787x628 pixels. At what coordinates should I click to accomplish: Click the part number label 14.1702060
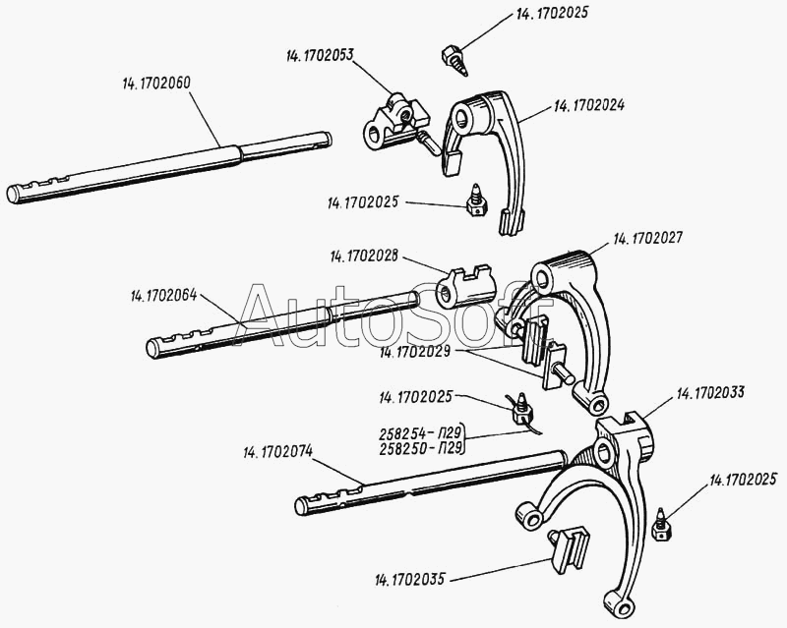pyautogui.click(x=156, y=84)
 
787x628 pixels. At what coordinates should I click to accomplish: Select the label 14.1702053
pyautogui.click(x=321, y=55)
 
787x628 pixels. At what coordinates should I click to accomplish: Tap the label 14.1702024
pyautogui.click(x=589, y=106)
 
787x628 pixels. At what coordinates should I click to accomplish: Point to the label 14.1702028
pyautogui.click(x=364, y=257)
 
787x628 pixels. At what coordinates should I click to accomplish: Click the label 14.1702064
pyautogui.click(x=164, y=296)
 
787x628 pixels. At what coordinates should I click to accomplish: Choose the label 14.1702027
pyautogui.click(x=648, y=237)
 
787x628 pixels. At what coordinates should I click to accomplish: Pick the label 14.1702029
pyautogui.click(x=414, y=352)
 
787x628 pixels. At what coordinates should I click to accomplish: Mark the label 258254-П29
pyautogui.click(x=420, y=432)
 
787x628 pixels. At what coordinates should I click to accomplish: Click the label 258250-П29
pyautogui.click(x=420, y=448)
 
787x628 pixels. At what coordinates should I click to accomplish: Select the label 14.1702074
pyautogui.click(x=278, y=452)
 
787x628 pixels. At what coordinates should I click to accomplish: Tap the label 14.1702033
pyautogui.click(x=710, y=393)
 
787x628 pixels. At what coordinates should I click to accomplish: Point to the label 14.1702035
pyautogui.click(x=409, y=580)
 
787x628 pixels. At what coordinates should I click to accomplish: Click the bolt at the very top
pyautogui.click(x=454, y=60)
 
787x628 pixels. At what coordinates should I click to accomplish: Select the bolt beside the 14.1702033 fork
pyautogui.click(x=662, y=525)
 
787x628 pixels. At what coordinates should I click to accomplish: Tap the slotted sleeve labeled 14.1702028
pyautogui.click(x=465, y=286)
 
